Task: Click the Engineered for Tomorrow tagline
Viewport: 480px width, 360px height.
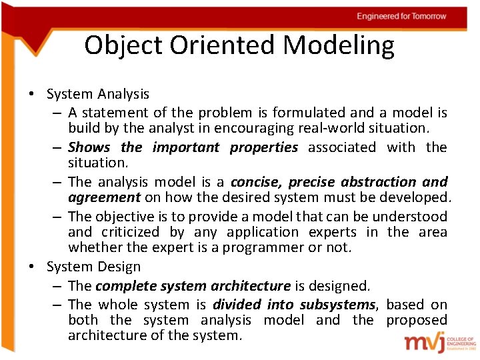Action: [x=401, y=16]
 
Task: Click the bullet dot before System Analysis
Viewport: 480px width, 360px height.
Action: [x=31, y=95]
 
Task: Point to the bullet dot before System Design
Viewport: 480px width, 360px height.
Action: [x=31, y=267]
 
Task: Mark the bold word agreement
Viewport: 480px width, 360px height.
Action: [x=104, y=197]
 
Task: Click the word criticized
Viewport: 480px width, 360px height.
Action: [x=130, y=232]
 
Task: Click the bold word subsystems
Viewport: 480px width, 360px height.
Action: [x=339, y=305]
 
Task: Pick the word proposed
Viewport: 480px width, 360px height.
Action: [x=417, y=320]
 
